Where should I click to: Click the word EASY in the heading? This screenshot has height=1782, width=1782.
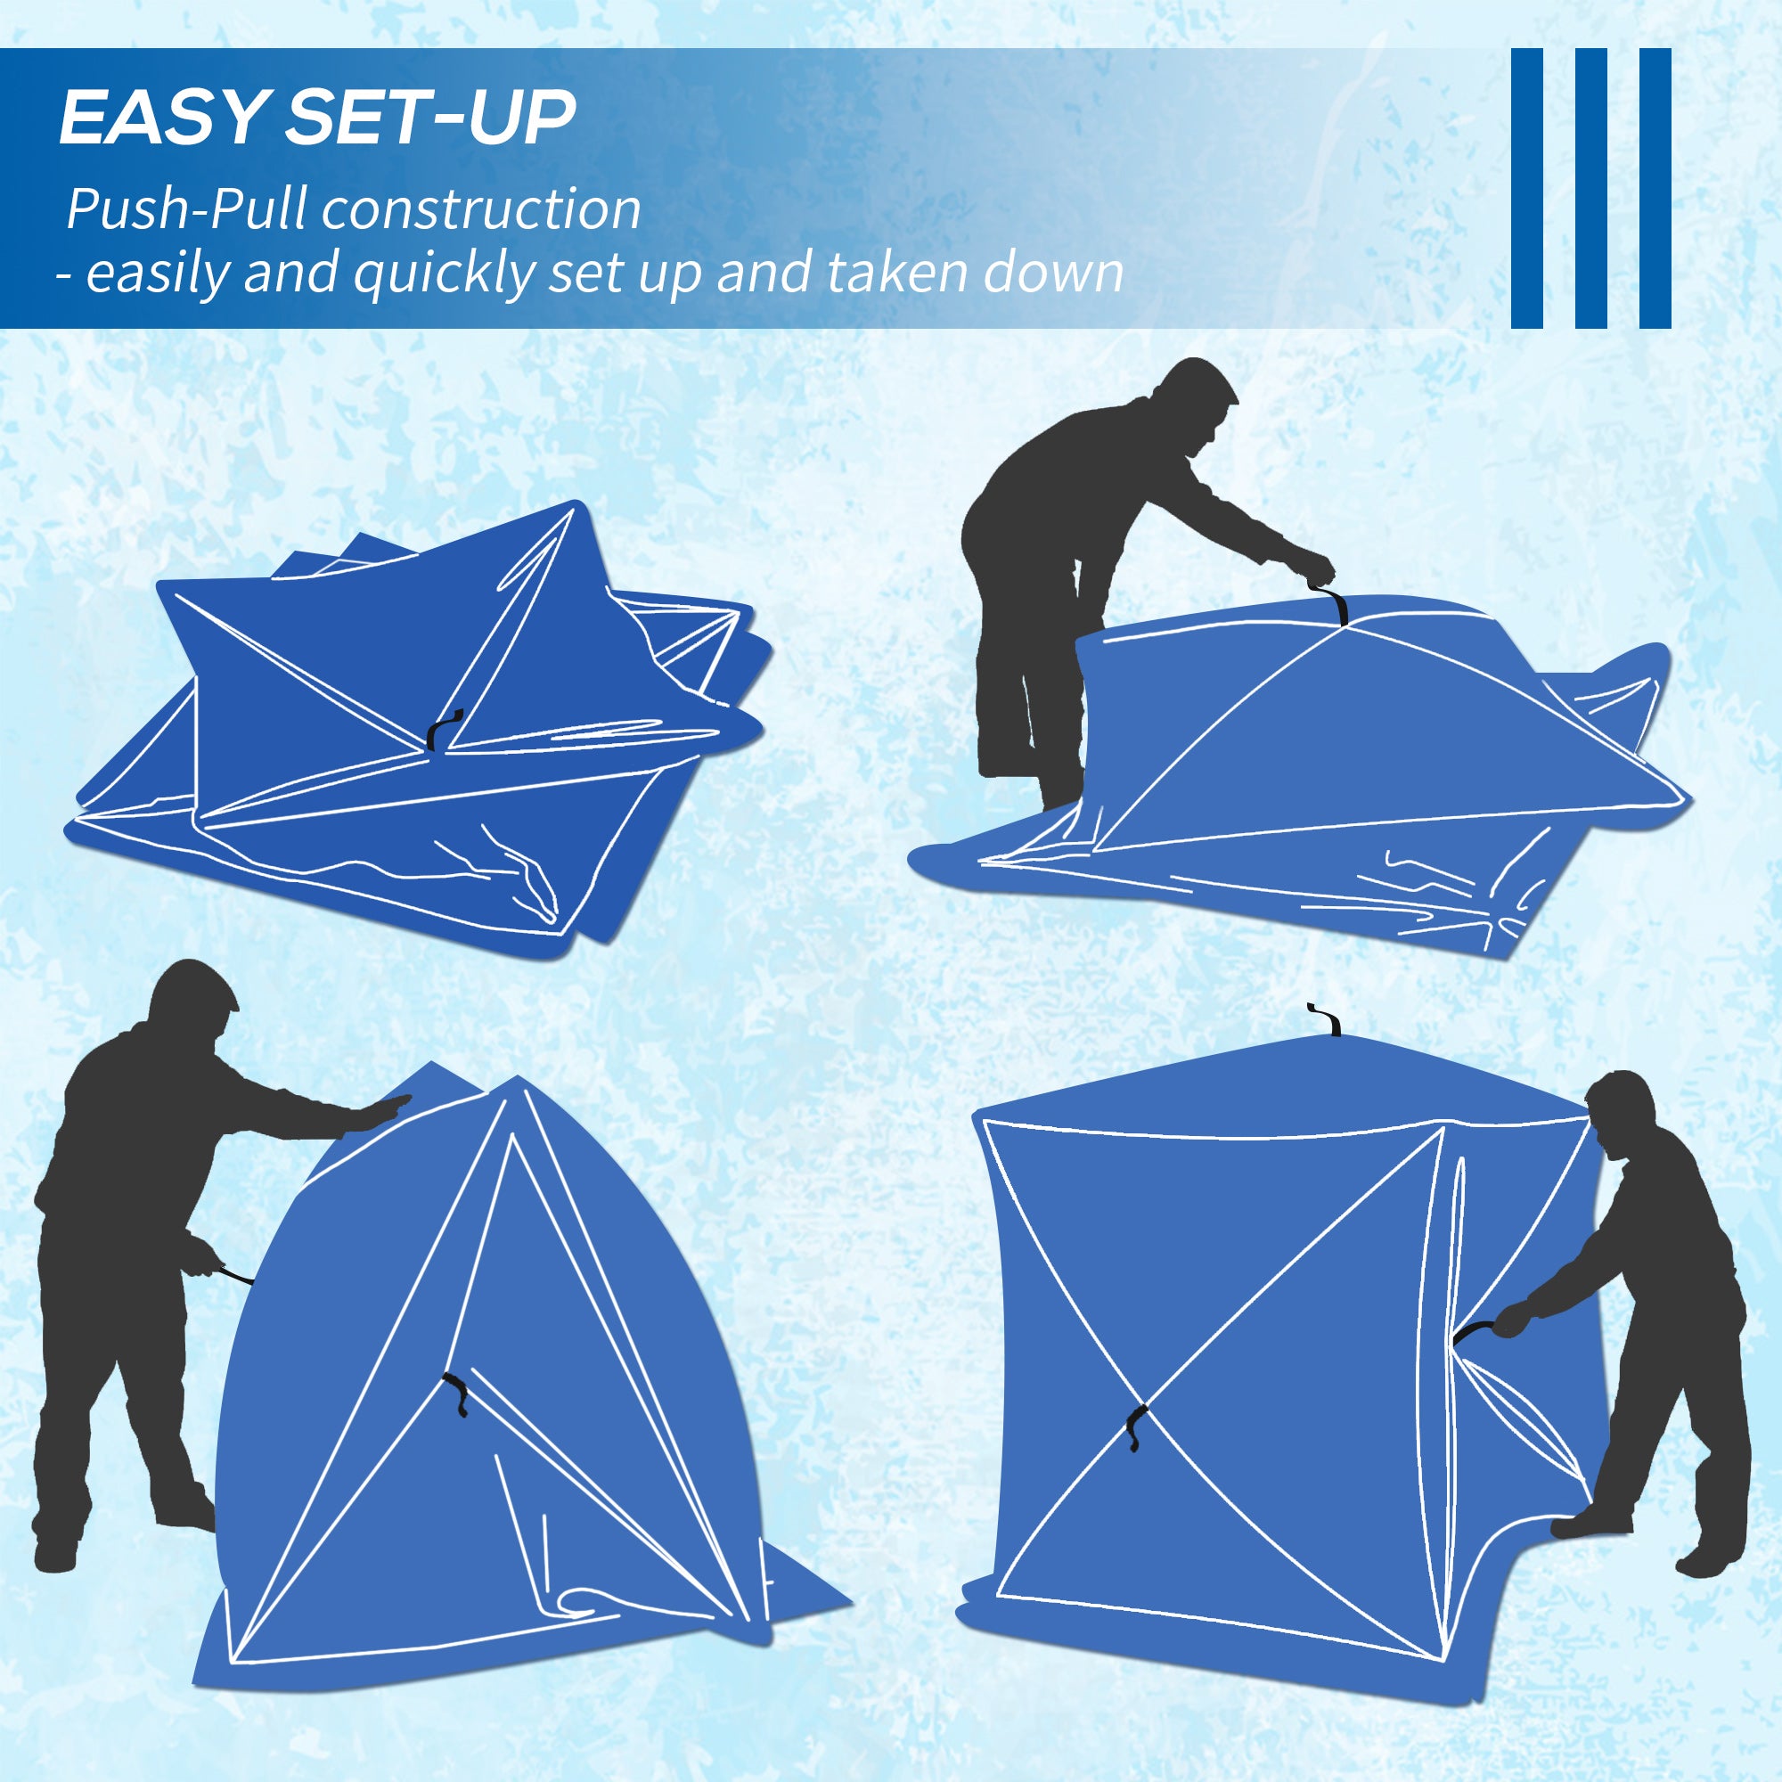tap(162, 119)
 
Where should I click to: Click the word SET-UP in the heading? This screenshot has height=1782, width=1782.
tap(430, 119)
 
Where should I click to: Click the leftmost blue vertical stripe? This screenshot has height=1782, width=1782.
tap(1526, 188)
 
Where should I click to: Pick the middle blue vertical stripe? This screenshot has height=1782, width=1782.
tap(1591, 188)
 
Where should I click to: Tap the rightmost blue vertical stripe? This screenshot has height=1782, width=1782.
tap(1655, 188)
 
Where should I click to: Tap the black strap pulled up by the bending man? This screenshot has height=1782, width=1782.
tap(1334, 604)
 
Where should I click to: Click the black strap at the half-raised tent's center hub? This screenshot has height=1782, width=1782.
tap(455, 1397)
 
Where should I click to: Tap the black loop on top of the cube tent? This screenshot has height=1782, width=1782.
tap(1326, 1019)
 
